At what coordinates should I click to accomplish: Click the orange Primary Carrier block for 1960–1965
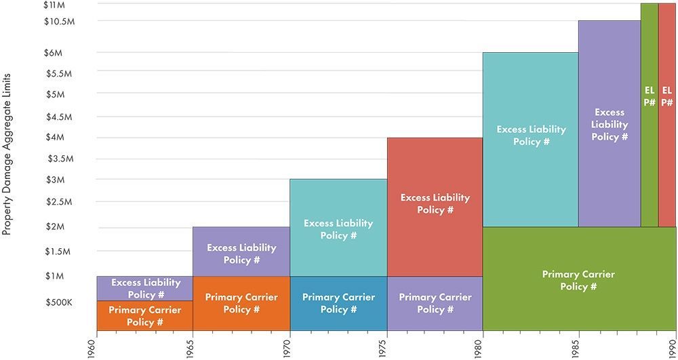(145, 315)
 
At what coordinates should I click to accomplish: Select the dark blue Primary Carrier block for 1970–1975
(338, 303)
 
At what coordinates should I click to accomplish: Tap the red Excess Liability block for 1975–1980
(435, 203)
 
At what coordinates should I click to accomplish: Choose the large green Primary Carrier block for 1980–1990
(578, 279)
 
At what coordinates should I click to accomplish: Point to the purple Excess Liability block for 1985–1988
(610, 124)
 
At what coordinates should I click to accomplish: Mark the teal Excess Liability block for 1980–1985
(530, 135)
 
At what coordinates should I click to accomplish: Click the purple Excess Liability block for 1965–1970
(241, 252)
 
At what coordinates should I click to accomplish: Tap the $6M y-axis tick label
(54, 53)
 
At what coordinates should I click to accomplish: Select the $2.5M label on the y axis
(59, 202)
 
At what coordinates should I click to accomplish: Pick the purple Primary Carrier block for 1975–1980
(435, 303)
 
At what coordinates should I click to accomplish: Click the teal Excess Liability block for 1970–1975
(338, 228)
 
